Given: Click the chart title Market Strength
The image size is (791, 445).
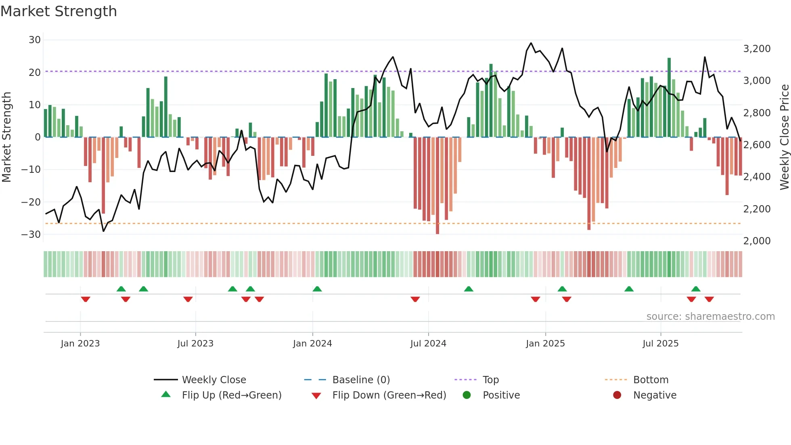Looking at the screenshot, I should point(59,11).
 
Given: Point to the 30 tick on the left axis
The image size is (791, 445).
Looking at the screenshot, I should point(35,40).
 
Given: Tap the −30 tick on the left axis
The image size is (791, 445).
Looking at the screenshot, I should point(31,235).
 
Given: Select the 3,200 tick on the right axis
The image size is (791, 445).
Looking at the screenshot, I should point(757,49).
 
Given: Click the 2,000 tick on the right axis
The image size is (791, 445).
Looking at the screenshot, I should point(757,241).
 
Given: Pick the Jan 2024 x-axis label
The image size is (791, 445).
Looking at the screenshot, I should point(312,344).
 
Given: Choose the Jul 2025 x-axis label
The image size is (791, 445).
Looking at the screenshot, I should point(661,344).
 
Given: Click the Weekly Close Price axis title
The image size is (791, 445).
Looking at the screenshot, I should point(784,137).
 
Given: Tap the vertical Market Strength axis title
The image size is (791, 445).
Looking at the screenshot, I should point(7,137).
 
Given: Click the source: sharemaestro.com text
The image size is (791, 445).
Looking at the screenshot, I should point(710,317).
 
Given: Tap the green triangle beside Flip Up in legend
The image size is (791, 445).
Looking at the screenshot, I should point(166,395).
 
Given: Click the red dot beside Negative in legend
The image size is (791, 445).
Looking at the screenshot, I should point(617,395).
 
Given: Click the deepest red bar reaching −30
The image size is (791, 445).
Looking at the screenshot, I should point(437,186).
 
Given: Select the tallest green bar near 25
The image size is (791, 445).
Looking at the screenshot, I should point(669,97).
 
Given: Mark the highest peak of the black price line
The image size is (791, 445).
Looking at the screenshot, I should point(531,43).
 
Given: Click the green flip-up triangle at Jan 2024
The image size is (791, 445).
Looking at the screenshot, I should point(317,289).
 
